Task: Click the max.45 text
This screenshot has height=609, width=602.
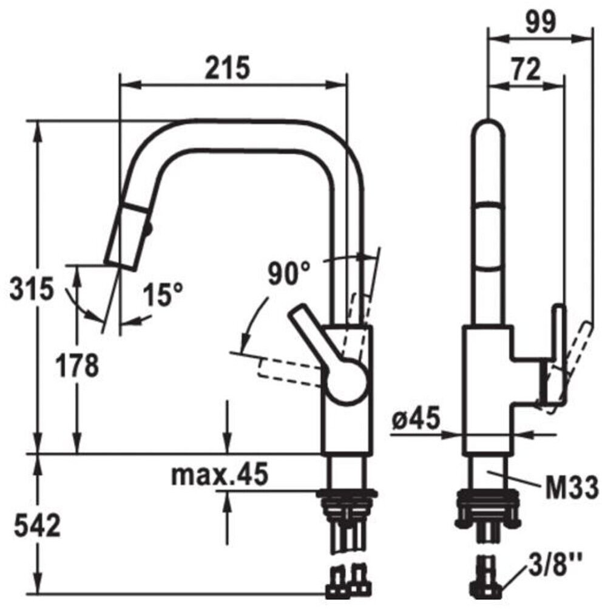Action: (x=219, y=475)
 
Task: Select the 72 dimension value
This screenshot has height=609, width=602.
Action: (x=526, y=70)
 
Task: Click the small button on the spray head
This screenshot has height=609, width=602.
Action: (x=147, y=229)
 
